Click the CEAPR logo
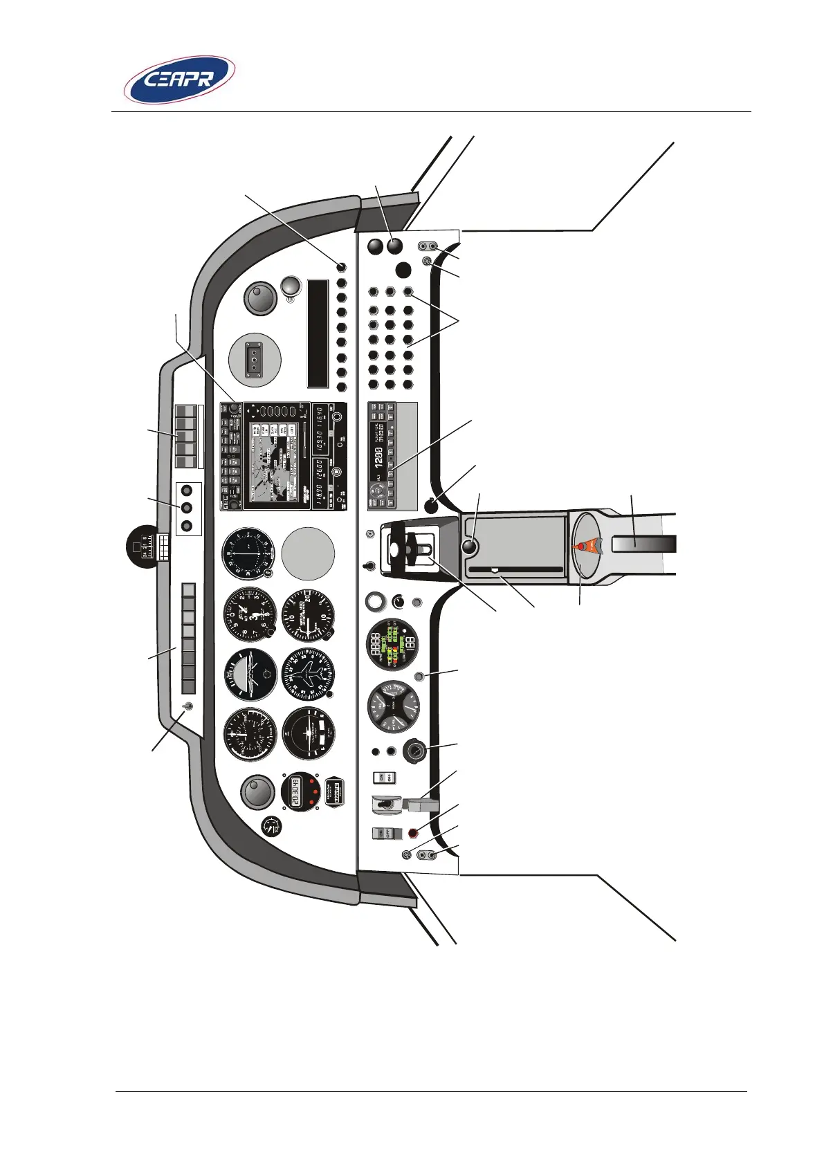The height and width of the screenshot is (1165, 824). (179, 80)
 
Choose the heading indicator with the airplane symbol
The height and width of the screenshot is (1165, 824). (309, 675)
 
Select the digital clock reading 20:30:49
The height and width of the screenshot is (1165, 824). (300, 791)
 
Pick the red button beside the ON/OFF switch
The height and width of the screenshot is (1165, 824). (414, 833)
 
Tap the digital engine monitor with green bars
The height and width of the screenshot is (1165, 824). (392, 644)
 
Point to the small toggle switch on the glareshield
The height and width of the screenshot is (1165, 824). (187, 706)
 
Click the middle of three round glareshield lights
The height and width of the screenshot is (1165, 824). (185, 508)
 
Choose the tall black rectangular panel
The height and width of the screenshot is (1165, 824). (318, 333)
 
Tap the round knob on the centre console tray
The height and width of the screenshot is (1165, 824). (470, 547)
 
